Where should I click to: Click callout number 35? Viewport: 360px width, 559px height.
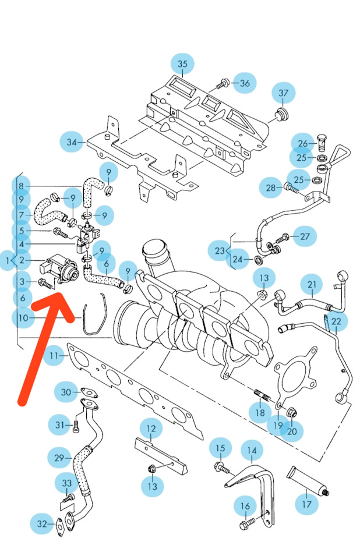pos(182,64)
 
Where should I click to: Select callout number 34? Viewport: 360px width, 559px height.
pos(72,141)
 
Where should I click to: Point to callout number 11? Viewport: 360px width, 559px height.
pos(54,355)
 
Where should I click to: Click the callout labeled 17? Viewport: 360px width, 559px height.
pos(307,504)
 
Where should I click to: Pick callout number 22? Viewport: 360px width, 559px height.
pos(336,321)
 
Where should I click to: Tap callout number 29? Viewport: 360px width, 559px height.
pos(59,458)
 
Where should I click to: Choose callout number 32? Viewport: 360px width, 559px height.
pos(42,524)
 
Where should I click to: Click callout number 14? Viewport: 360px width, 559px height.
pos(252,451)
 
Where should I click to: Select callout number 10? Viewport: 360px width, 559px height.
pos(23,318)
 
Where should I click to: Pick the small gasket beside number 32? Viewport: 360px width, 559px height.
pos(61,527)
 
